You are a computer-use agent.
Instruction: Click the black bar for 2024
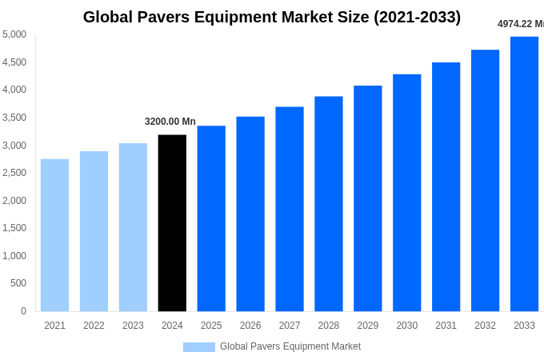click(172, 223)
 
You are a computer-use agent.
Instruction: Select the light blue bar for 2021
click(54, 235)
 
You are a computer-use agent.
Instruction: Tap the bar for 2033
click(524, 174)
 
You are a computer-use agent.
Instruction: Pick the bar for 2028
click(328, 204)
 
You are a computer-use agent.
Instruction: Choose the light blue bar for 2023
click(133, 227)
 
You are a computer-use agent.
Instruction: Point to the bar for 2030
click(406, 193)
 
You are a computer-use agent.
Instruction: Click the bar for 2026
click(250, 214)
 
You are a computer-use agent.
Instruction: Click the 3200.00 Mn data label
click(170, 122)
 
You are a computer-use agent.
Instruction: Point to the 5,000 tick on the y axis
click(14, 34)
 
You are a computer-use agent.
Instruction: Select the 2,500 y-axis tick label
click(14, 173)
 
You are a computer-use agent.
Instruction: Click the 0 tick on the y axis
click(23, 311)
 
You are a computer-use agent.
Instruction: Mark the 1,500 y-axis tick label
click(14, 228)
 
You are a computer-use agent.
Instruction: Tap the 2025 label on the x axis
click(211, 326)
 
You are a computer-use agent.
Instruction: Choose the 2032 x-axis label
click(485, 326)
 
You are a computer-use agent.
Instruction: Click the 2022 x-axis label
click(94, 326)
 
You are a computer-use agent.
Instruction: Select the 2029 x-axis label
click(367, 326)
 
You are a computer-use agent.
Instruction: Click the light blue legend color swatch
click(198, 347)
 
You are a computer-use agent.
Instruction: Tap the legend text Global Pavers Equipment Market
click(290, 346)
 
